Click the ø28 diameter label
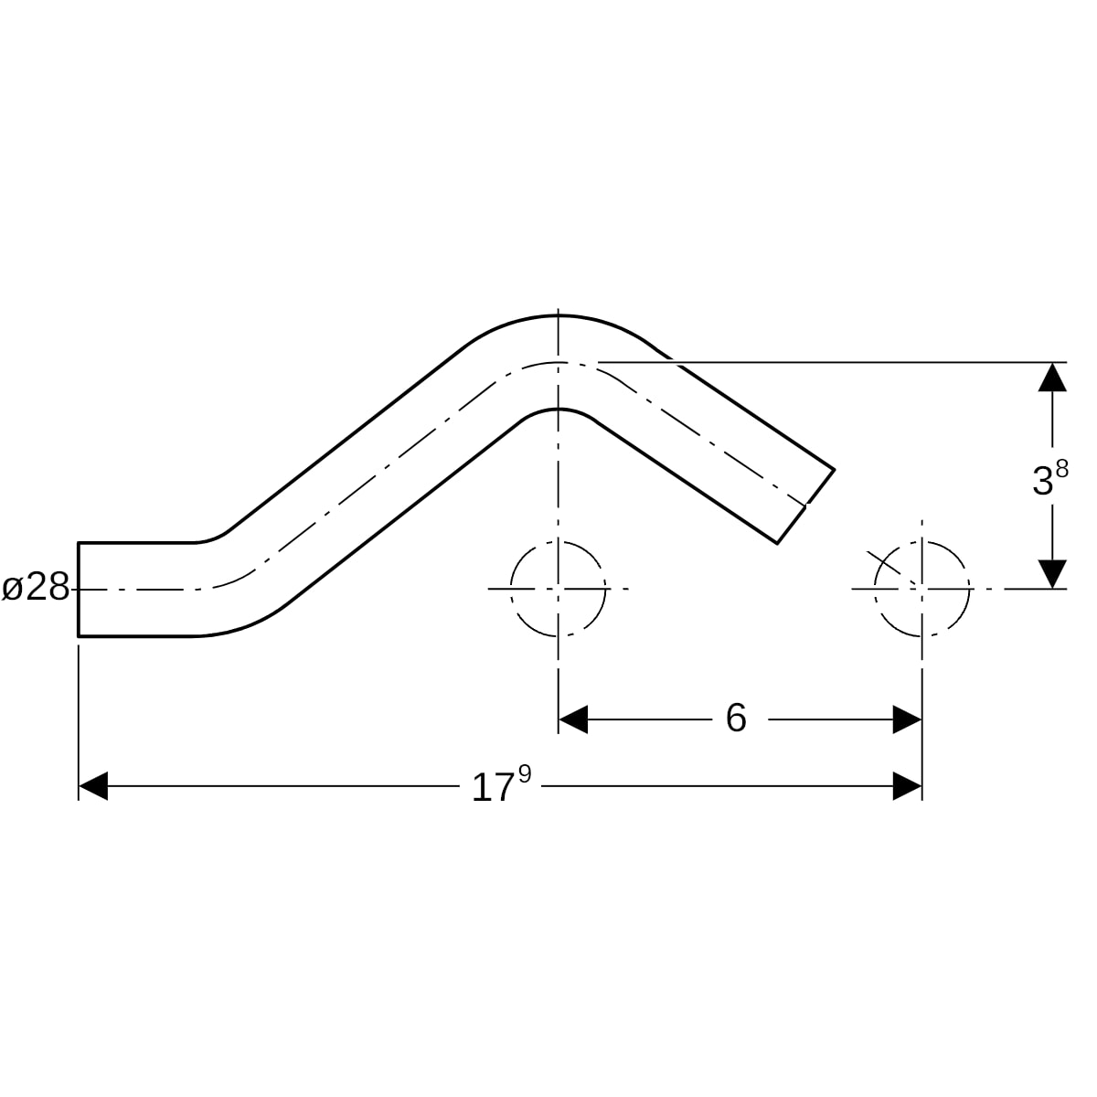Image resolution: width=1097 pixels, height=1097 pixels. [36, 588]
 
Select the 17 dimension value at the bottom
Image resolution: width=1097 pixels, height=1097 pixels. [493, 789]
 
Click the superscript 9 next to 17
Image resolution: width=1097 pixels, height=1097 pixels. [525, 774]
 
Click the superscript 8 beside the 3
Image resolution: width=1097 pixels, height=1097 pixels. [1061, 469]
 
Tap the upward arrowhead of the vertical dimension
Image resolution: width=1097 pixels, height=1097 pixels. [1052, 377]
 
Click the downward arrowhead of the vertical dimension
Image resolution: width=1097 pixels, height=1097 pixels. [1052, 574]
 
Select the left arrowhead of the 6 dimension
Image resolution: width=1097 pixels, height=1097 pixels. [572, 719]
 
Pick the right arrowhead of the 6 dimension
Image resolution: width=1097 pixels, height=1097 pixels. [907, 719]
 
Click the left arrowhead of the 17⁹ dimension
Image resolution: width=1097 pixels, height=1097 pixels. [93, 786]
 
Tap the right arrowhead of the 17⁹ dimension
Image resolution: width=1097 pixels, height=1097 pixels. [907, 786]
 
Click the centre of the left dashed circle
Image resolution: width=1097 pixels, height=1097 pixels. [558, 589]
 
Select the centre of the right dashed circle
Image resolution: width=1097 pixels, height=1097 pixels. [921, 589]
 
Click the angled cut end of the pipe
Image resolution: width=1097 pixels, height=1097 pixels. [805, 506]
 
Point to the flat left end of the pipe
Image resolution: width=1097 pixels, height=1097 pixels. [79, 590]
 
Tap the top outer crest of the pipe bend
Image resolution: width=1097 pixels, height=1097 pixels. [558, 314]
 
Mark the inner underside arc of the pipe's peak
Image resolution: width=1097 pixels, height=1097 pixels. [558, 409]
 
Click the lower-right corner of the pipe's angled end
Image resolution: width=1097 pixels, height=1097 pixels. [777, 544]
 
